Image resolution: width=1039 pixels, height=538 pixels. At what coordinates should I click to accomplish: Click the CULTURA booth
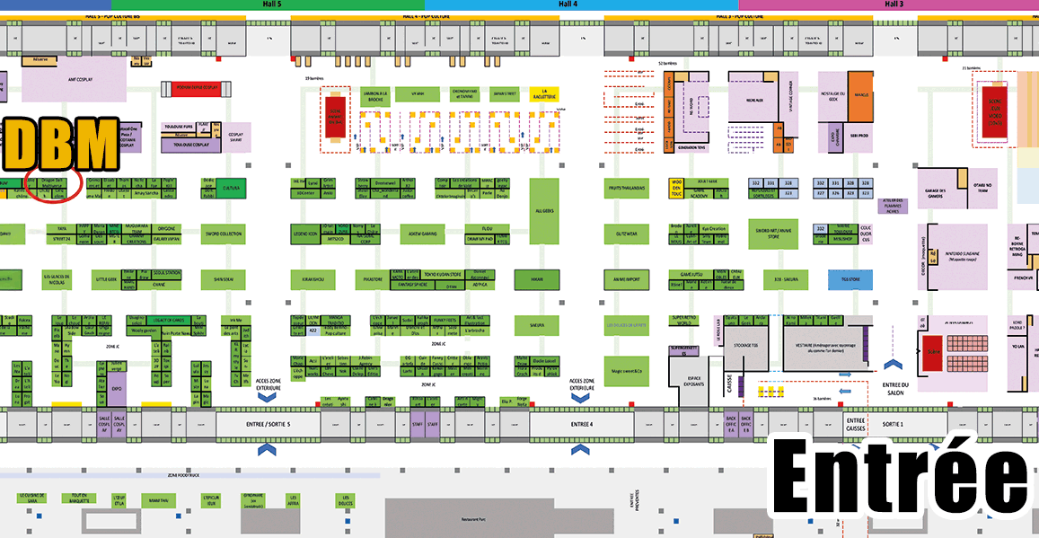point(232,189)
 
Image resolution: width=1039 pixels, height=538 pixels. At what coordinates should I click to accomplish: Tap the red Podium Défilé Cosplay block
point(192,87)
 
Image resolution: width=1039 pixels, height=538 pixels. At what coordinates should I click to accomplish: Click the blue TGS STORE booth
point(850,279)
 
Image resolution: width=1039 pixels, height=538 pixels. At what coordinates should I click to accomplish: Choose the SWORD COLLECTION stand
point(225,234)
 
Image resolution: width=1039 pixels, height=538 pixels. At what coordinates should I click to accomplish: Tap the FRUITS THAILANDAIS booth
point(627,188)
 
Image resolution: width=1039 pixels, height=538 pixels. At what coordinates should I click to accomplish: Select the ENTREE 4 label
point(581,423)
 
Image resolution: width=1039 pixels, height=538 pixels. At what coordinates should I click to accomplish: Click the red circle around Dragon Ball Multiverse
point(55,184)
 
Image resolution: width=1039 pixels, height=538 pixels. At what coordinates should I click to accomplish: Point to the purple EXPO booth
point(117,390)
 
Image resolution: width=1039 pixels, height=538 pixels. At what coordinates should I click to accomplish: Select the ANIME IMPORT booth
point(627,279)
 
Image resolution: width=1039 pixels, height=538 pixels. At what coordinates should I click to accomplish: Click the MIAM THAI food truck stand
point(159,498)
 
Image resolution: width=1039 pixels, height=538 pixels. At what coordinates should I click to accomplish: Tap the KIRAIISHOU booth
point(313,279)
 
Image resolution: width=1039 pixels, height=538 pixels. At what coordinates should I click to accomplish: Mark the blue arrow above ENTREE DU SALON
point(892,364)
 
